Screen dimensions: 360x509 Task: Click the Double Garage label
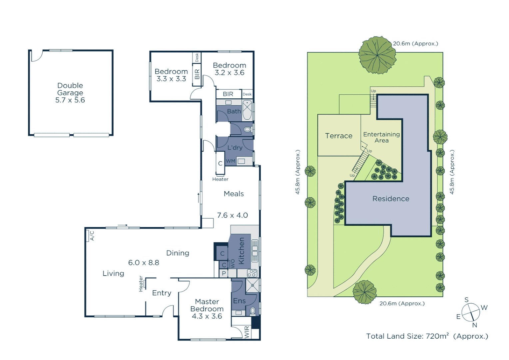point(70,89)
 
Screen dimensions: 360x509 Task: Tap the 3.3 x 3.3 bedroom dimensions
point(171,79)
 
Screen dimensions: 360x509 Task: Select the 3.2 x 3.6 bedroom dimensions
point(229,73)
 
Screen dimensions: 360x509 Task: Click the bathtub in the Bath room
point(247,110)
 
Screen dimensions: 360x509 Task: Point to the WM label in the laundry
point(231,161)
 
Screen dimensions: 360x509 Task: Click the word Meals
point(234,194)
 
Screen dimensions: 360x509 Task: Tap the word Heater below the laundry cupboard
point(220,179)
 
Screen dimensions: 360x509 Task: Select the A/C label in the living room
point(92,235)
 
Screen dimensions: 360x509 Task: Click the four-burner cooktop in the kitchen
point(252,273)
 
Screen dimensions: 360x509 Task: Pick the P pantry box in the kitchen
point(224,273)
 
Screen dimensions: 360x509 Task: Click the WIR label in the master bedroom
point(247,332)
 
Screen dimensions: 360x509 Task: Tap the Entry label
point(162,293)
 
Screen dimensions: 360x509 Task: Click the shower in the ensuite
point(253,285)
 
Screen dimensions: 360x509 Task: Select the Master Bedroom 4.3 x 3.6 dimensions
point(207,316)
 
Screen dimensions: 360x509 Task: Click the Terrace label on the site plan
point(338,136)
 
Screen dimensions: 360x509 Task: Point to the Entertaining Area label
point(381,137)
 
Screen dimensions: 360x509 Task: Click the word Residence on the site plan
point(391,199)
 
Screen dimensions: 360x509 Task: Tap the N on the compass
point(475,325)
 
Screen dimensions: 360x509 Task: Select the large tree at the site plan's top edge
point(377,55)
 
